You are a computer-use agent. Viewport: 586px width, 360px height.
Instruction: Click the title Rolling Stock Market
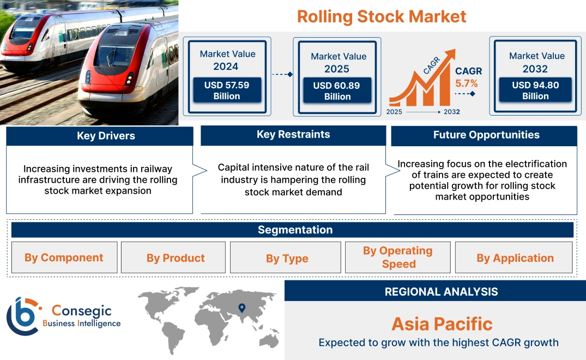(382, 16)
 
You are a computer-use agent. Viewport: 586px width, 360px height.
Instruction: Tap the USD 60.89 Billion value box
(337, 91)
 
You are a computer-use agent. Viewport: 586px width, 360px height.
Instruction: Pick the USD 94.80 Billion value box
(535, 90)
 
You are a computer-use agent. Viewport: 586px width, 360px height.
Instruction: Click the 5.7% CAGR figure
(467, 83)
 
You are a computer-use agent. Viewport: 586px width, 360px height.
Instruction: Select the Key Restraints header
(293, 135)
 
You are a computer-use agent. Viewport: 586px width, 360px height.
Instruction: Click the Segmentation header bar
(295, 230)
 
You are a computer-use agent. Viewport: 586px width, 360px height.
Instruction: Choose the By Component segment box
(64, 257)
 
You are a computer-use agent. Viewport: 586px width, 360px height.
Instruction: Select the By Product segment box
(176, 258)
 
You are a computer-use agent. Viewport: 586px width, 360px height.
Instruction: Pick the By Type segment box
(287, 258)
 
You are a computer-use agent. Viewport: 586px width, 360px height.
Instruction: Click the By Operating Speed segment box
(398, 257)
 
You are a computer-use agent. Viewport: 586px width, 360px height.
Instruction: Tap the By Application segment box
(515, 258)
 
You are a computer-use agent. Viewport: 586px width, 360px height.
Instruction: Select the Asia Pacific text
(442, 324)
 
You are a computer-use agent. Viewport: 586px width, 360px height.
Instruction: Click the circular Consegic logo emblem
(23, 316)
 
